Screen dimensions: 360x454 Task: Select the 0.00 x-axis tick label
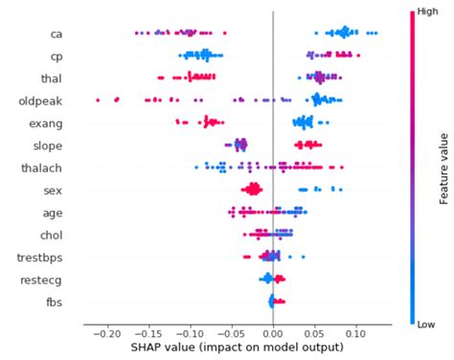[273, 333]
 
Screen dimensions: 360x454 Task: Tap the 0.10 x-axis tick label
[355, 333]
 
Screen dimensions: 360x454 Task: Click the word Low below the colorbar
[419, 325]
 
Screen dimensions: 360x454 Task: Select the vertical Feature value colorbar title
[444, 168]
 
